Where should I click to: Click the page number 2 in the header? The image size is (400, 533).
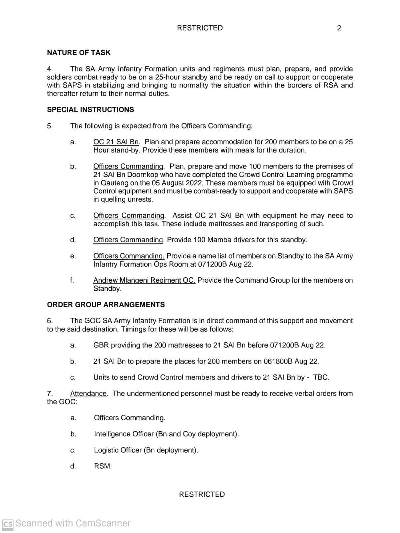pos(339,28)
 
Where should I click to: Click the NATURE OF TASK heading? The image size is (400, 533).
pos(79,53)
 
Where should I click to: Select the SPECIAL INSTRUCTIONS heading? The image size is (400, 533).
pos(90,110)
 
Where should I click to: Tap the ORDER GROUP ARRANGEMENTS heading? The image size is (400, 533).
pos(106,305)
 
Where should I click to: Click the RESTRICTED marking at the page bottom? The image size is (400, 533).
pos(202,494)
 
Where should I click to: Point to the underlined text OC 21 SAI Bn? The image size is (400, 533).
pos(116,142)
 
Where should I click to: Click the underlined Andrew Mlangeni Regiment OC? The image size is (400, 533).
pos(144,280)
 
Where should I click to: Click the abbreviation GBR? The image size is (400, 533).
pos(101,345)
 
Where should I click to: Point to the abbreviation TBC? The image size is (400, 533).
pos(321,378)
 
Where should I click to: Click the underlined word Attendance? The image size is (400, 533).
pos(88,394)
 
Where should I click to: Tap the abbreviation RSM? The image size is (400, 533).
pos(102,466)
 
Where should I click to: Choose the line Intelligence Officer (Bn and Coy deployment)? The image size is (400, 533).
pos(166,434)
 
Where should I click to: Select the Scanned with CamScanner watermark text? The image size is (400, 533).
pos(73,523)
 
